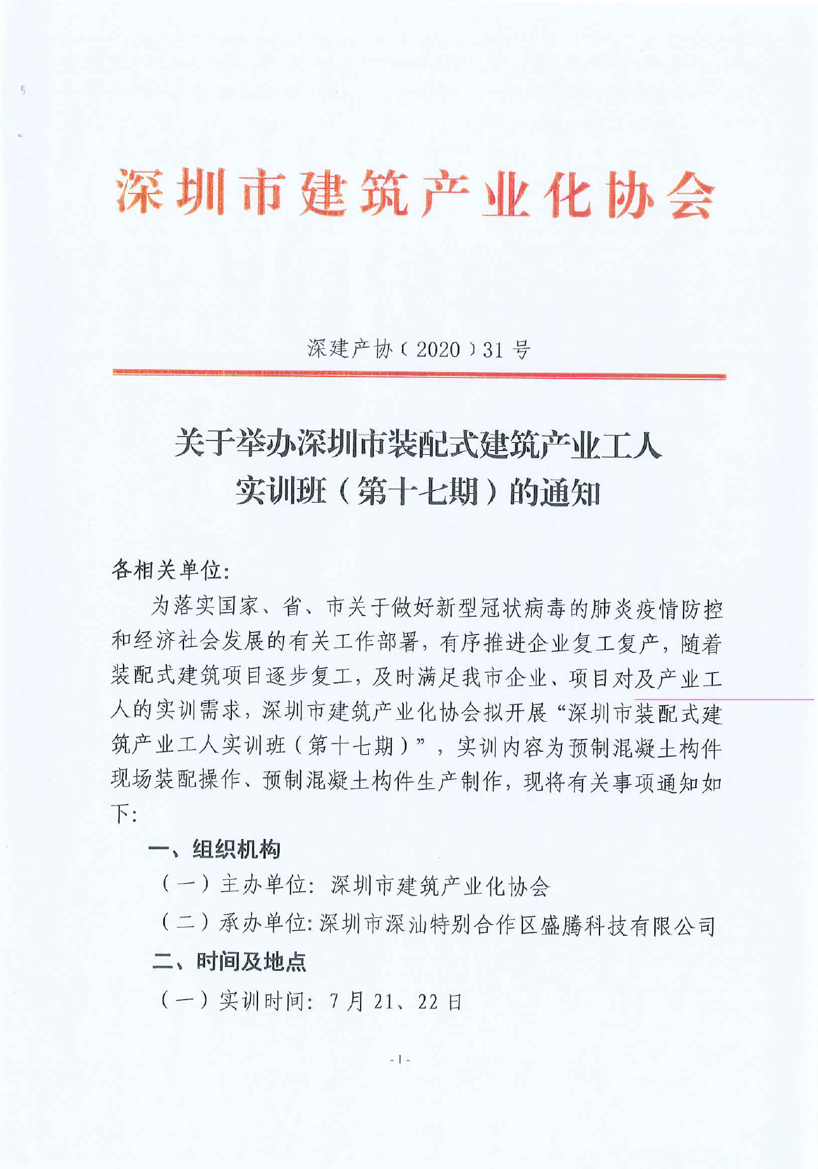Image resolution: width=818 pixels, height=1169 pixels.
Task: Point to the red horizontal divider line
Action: point(419,376)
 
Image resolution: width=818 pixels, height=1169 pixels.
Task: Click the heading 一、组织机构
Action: point(215,849)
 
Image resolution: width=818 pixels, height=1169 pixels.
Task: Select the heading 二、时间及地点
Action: point(229,961)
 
